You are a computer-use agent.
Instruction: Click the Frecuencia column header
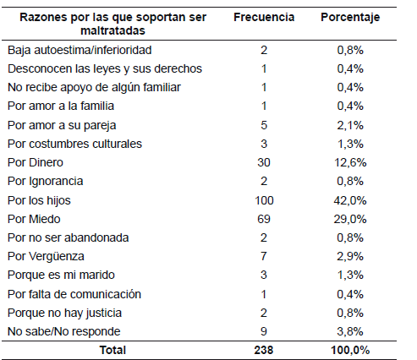[x=264, y=17]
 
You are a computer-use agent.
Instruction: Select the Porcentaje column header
[x=350, y=18]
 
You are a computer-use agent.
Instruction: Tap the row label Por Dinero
[x=36, y=162]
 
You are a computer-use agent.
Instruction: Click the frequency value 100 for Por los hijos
[x=264, y=200]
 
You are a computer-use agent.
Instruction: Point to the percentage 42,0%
[x=350, y=200]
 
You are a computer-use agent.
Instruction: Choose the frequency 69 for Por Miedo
[x=264, y=219]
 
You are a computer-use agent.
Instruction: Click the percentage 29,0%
[x=350, y=219]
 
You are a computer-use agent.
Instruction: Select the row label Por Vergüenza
[x=46, y=256]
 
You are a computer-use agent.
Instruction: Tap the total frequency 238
[x=264, y=350]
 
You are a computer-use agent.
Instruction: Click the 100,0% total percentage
[x=350, y=350]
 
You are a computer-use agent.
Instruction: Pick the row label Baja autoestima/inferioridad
[x=80, y=51]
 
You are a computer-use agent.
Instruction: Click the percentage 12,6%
[x=350, y=162]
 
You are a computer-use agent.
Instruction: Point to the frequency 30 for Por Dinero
[x=264, y=162]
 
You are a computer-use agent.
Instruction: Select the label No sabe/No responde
[x=64, y=331]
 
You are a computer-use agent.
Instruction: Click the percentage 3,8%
[x=350, y=331]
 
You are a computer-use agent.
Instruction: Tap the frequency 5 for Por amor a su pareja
[x=264, y=125]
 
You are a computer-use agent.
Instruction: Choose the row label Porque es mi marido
[x=61, y=275]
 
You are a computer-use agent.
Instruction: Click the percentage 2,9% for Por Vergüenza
[x=350, y=256]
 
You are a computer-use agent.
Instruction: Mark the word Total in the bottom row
[x=112, y=350]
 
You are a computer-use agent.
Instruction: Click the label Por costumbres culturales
[x=74, y=144]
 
